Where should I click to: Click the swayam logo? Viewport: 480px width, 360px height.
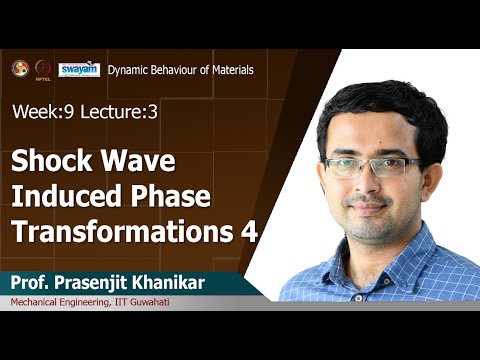click(78, 69)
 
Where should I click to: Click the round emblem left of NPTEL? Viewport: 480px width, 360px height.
click(20, 68)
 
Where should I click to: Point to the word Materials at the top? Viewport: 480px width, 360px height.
click(228, 70)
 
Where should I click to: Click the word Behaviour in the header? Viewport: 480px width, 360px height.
click(179, 70)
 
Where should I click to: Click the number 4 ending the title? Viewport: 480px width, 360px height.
click(249, 230)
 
